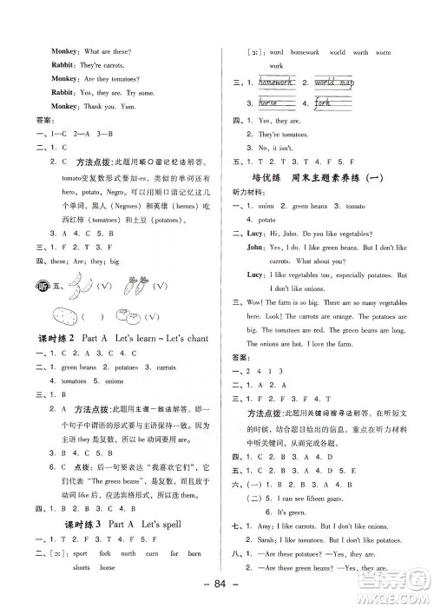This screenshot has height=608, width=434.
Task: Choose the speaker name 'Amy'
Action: click(x=264, y=527)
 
